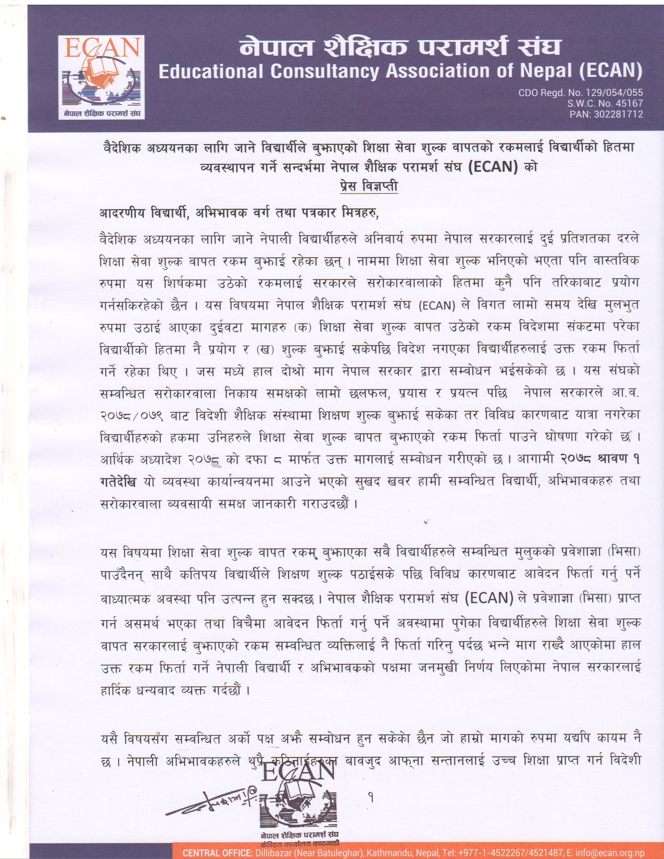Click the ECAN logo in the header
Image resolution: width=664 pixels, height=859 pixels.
point(102,77)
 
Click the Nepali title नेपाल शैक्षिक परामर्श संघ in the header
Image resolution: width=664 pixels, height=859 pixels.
point(400,47)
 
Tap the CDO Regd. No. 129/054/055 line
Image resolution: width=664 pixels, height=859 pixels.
point(580,93)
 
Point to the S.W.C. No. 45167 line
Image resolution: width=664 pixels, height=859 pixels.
point(605,104)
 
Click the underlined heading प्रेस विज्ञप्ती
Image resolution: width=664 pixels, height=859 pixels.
point(368,186)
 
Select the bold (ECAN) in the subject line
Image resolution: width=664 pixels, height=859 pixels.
point(493,167)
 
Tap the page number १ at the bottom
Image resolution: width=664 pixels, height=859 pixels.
point(371,796)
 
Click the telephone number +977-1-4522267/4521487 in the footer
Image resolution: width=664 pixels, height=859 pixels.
point(510,853)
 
